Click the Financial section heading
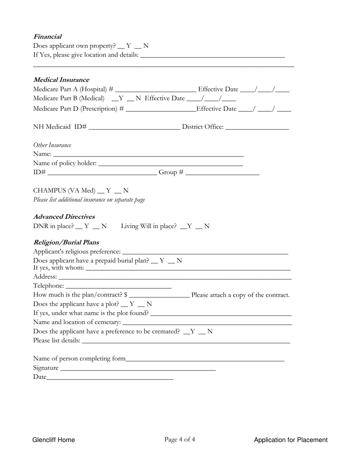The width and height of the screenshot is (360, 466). point(47,37)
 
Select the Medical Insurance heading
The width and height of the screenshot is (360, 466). point(61,80)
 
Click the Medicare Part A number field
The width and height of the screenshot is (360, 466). point(155,90)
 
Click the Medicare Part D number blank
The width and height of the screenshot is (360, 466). point(160,109)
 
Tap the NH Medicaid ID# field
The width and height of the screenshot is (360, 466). point(134,127)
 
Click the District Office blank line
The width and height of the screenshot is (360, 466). point(257,127)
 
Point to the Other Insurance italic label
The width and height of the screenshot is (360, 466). point(52,145)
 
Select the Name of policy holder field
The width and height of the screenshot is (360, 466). point(170,164)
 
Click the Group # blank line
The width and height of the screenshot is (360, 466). point(222,173)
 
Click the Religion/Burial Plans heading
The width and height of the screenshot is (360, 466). point(66,242)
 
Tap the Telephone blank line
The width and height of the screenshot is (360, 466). point(118,286)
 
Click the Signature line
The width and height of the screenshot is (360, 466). point(138,368)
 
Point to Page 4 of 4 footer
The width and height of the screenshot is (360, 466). point(180,439)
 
